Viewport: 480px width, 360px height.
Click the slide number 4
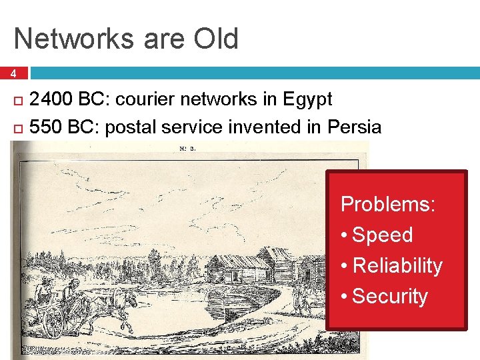[13, 73]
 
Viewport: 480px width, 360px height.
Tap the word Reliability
[397, 265]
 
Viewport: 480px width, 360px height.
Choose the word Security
[389, 296]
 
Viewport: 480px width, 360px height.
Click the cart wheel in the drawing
[53, 322]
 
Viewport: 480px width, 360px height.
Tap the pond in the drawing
[173, 307]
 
